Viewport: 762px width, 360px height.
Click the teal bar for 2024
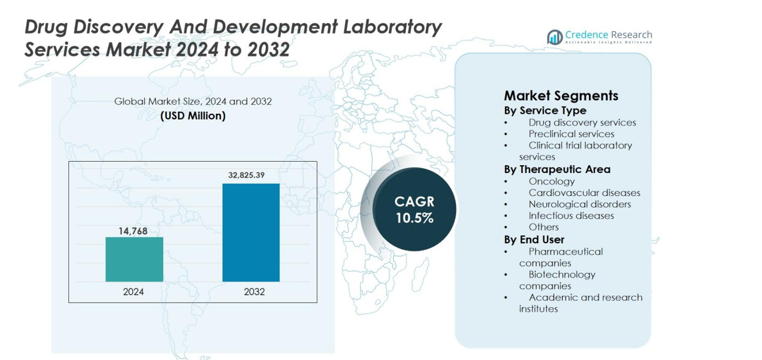click(134, 259)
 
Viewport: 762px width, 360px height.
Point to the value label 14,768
click(132, 231)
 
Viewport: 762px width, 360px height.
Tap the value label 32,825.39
click(246, 175)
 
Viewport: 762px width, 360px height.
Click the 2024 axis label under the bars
click(133, 292)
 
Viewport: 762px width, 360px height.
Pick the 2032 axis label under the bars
click(254, 292)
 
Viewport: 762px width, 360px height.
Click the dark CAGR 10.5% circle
click(414, 210)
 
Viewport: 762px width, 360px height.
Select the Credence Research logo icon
click(554, 37)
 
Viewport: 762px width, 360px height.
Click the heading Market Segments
click(561, 96)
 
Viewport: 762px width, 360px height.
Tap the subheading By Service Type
click(545, 110)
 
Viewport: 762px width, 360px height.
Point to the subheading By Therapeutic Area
click(557, 169)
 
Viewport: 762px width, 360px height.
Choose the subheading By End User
click(534, 240)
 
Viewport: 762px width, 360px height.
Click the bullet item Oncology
click(551, 181)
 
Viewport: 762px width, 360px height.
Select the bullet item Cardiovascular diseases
click(584, 192)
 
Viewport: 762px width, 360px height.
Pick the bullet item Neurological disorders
click(579, 204)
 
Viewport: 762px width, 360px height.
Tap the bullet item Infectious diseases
click(571, 215)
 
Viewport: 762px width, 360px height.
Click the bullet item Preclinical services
click(571, 134)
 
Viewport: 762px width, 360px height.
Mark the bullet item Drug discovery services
click(582, 122)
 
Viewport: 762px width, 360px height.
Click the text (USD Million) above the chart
click(193, 116)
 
